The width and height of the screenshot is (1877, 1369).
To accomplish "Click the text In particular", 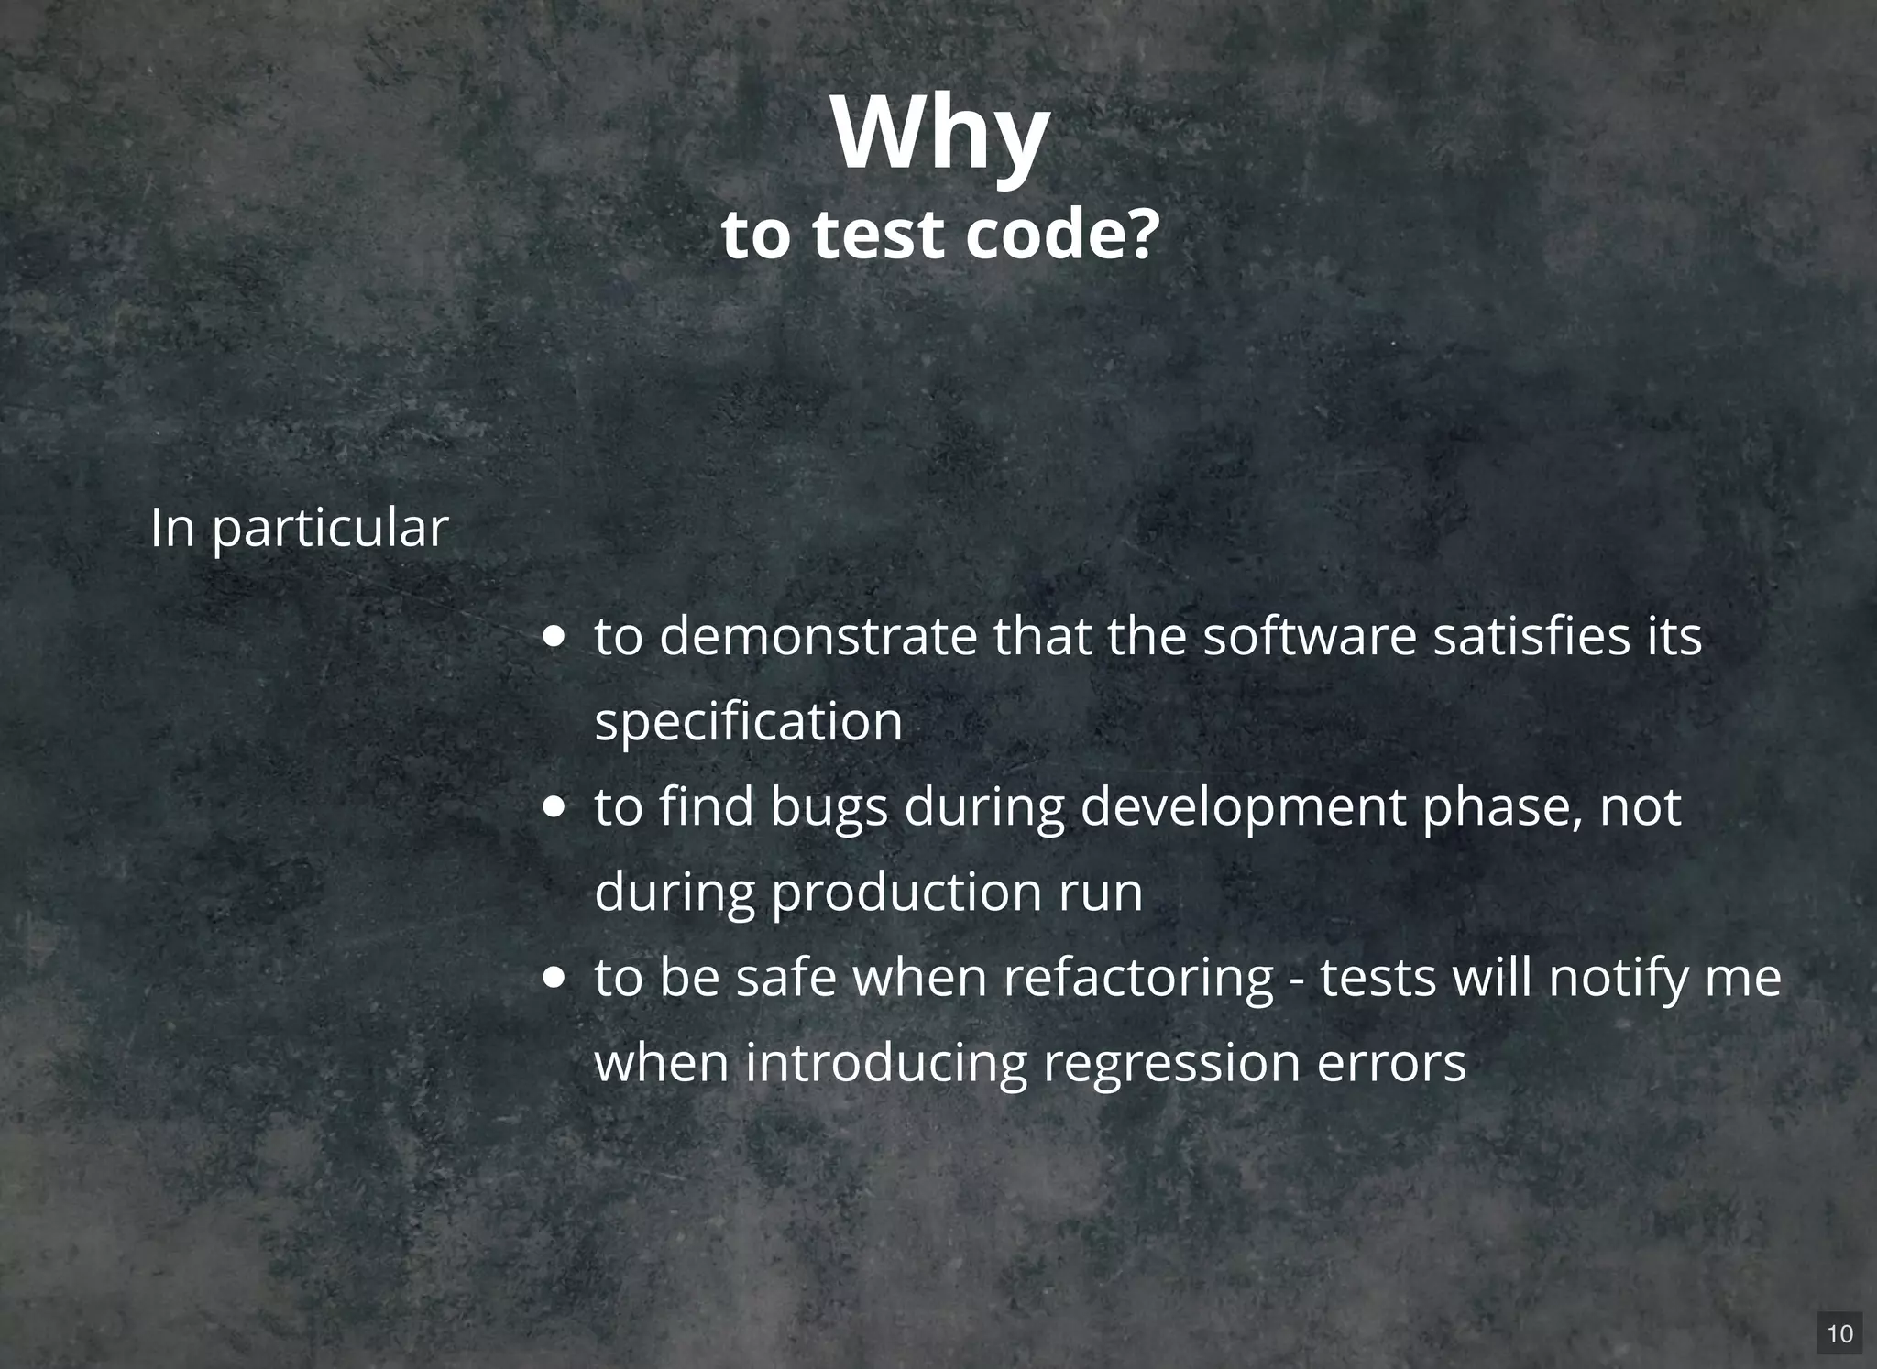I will [299, 528].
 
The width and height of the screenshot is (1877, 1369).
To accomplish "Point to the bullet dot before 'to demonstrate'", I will [554, 637].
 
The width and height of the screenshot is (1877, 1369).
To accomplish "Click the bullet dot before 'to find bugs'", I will [554, 807].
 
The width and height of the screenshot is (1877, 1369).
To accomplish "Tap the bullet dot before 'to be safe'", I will [554, 978].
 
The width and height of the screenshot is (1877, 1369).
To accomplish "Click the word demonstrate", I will [818, 636].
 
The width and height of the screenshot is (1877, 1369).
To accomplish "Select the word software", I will [1310, 636].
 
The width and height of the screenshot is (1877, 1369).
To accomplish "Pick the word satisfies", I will [1523, 636].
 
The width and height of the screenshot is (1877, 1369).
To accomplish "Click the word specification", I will [748, 722].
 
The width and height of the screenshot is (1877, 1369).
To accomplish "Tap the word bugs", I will [829, 807].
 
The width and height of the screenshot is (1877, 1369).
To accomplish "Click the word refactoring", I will [1137, 978].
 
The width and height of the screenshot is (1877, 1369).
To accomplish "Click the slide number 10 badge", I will [1839, 1333].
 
